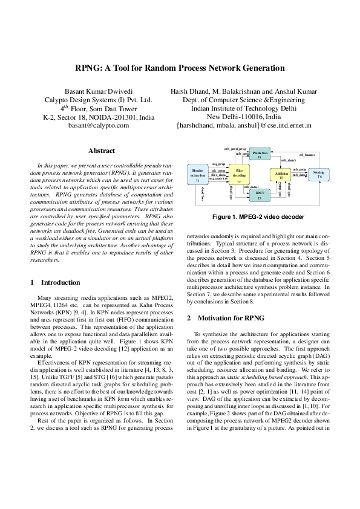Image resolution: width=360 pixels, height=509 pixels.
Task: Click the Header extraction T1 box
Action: [197, 175]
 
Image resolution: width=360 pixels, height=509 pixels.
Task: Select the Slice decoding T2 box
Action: [239, 175]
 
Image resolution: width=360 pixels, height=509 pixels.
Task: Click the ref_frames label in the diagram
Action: [307, 155]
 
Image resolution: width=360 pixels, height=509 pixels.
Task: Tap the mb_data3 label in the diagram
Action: [287, 160]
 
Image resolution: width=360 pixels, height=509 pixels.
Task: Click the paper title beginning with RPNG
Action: [180, 69]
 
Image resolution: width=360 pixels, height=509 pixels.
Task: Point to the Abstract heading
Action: [102, 150]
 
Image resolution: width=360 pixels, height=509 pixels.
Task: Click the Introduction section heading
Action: [55, 282]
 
